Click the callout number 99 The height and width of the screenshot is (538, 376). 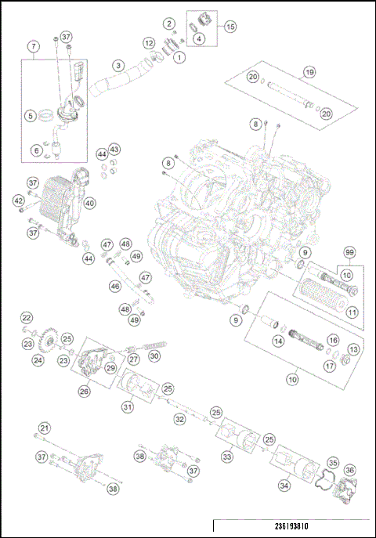pyautogui.click(x=349, y=252)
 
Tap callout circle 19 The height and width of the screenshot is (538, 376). pyautogui.click(x=309, y=71)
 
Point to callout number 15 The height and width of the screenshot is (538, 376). pyautogui.click(x=230, y=27)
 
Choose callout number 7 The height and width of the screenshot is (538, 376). pyautogui.click(x=33, y=47)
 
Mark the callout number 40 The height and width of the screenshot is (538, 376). pyautogui.click(x=90, y=203)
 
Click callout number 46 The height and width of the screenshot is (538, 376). pyautogui.click(x=115, y=287)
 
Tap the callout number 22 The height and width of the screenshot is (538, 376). pyautogui.click(x=26, y=317)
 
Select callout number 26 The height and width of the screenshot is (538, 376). pyautogui.click(x=84, y=391)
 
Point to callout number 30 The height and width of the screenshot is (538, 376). pyautogui.click(x=154, y=356)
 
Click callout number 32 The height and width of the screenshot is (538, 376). pyautogui.click(x=179, y=420)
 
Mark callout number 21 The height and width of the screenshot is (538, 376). pyautogui.click(x=45, y=428)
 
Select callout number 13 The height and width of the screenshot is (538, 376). pyautogui.click(x=353, y=349)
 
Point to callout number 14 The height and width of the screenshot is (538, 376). pyautogui.click(x=278, y=341)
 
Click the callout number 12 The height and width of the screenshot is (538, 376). pyautogui.click(x=149, y=42)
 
